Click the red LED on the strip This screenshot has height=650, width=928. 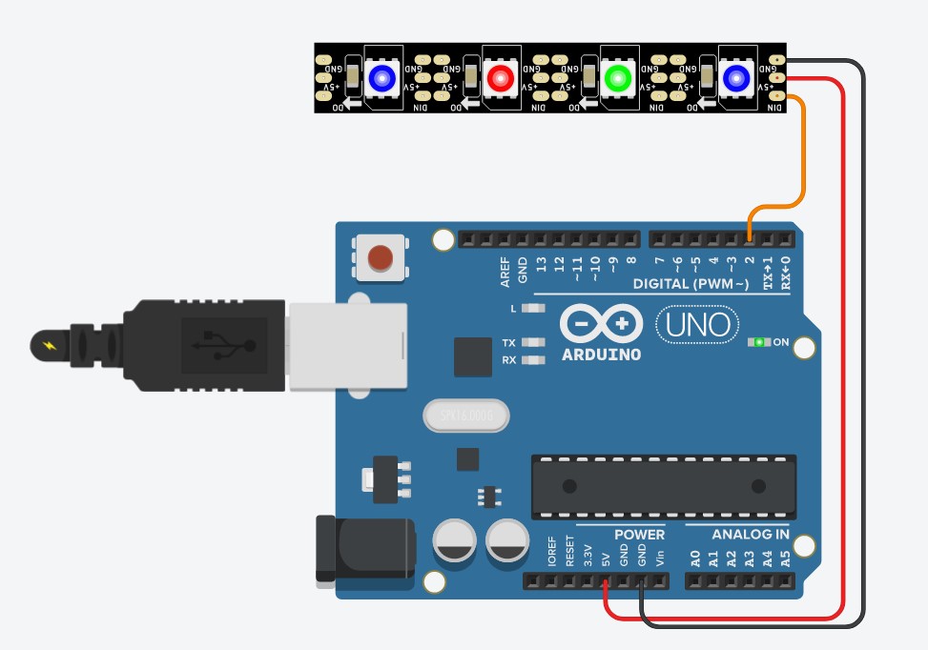[499, 77]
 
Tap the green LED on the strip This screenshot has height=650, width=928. [617, 77]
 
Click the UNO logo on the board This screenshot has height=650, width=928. [697, 325]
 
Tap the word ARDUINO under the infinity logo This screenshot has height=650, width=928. [601, 355]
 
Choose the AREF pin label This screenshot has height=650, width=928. [505, 271]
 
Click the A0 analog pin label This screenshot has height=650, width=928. [696, 559]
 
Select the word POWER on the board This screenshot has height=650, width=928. [639, 535]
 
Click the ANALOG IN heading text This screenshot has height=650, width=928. [751, 535]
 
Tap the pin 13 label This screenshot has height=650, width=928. [541, 264]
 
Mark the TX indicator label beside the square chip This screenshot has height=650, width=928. [508, 343]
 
